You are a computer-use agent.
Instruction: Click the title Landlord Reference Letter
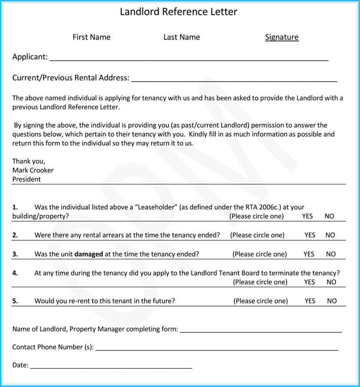178,12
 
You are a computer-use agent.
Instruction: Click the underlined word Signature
281,37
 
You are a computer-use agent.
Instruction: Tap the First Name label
91,37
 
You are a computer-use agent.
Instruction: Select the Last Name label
182,37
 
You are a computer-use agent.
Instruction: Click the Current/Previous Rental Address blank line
234,79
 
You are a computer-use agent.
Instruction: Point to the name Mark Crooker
33,170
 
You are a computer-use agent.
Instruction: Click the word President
26,179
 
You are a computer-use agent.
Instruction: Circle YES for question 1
307,216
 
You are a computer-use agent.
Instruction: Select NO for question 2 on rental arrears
330,235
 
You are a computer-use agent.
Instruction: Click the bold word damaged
89,254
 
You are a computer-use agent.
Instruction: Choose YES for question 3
309,254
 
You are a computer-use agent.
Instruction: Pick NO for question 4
331,282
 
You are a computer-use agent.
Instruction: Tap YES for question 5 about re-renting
310,301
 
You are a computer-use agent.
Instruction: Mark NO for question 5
332,301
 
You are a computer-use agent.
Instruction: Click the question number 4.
15,273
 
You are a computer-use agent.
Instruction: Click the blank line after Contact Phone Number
217,349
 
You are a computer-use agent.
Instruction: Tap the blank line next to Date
111,366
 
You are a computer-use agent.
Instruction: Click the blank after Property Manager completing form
261,330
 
